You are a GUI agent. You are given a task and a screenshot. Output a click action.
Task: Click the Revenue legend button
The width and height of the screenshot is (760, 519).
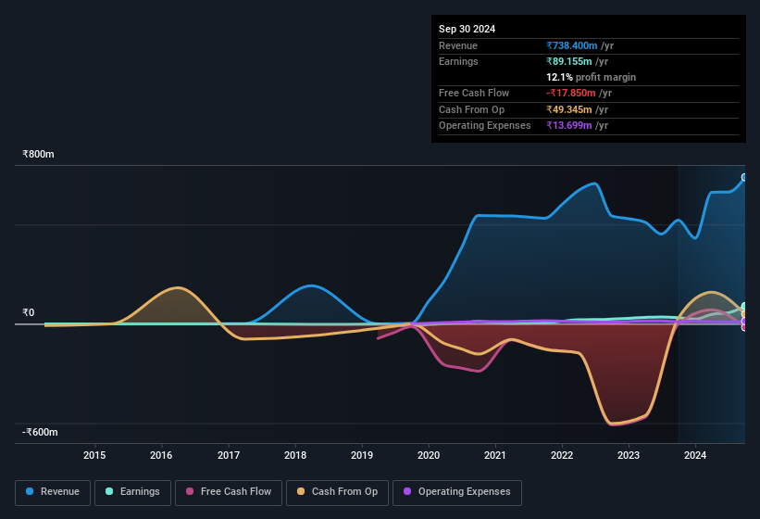click(x=53, y=492)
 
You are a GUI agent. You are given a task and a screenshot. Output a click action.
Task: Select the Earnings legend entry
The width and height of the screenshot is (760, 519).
click(x=132, y=492)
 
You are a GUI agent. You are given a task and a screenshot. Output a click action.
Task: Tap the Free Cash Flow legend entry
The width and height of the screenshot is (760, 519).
click(x=229, y=492)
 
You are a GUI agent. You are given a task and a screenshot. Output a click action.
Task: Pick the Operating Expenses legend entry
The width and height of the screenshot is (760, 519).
click(x=456, y=492)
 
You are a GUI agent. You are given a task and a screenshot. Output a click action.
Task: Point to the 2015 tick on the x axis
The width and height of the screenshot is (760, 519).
click(x=94, y=455)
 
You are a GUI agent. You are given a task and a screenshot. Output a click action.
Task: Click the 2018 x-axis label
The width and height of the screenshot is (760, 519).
click(x=295, y=455)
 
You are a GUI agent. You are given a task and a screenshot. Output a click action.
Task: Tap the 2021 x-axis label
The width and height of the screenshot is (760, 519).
click(x=495, y=455)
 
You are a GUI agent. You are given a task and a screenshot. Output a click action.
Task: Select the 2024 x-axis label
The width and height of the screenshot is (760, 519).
click(x=695, y=455)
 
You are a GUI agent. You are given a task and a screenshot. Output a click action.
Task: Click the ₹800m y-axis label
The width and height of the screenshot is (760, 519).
click(x=39, y=155)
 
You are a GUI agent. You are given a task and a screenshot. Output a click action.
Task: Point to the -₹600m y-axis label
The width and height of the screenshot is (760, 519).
click(x=40, y=433)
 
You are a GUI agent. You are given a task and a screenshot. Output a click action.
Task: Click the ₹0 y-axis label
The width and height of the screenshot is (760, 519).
click(x=29, y=313)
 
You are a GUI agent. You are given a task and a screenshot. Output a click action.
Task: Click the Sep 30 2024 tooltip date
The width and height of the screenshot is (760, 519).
click(x=467, y=29)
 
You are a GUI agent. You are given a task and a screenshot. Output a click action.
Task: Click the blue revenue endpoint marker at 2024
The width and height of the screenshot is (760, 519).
click(x=744, y=178)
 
